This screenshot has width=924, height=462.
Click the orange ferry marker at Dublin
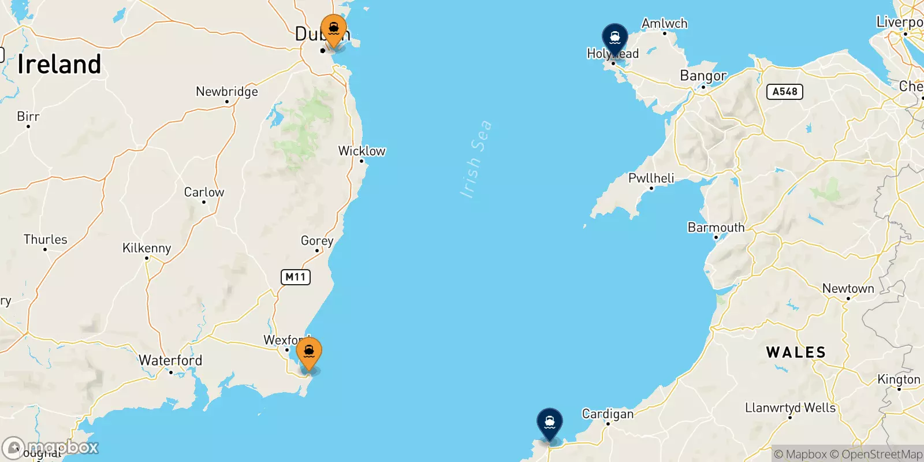pos(334,29)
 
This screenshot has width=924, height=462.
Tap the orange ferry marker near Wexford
pos(309,352)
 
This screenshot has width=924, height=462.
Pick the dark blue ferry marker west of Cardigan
pos(549,423)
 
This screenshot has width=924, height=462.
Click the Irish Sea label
pos(476,159)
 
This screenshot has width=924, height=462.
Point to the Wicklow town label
pos(362,151)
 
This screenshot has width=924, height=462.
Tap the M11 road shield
pos(296,277)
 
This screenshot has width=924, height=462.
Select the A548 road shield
pos(784,92)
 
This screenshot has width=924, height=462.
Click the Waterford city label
pos(170,360)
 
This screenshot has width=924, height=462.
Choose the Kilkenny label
pos(147,248)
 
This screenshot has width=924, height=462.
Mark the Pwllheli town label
pos(651,178)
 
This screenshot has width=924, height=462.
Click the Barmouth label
pos(716,228)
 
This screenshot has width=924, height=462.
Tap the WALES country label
pos(796,352)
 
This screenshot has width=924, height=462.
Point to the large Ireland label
pos(59,64)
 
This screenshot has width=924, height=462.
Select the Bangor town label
pos(703,76)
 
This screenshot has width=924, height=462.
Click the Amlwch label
pos(664,24)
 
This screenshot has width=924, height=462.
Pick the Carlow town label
pos(204,192)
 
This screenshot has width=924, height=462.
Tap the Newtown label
pos(848,289)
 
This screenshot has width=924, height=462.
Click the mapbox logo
pos(51,448)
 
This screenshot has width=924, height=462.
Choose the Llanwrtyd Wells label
pos(790,408)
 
